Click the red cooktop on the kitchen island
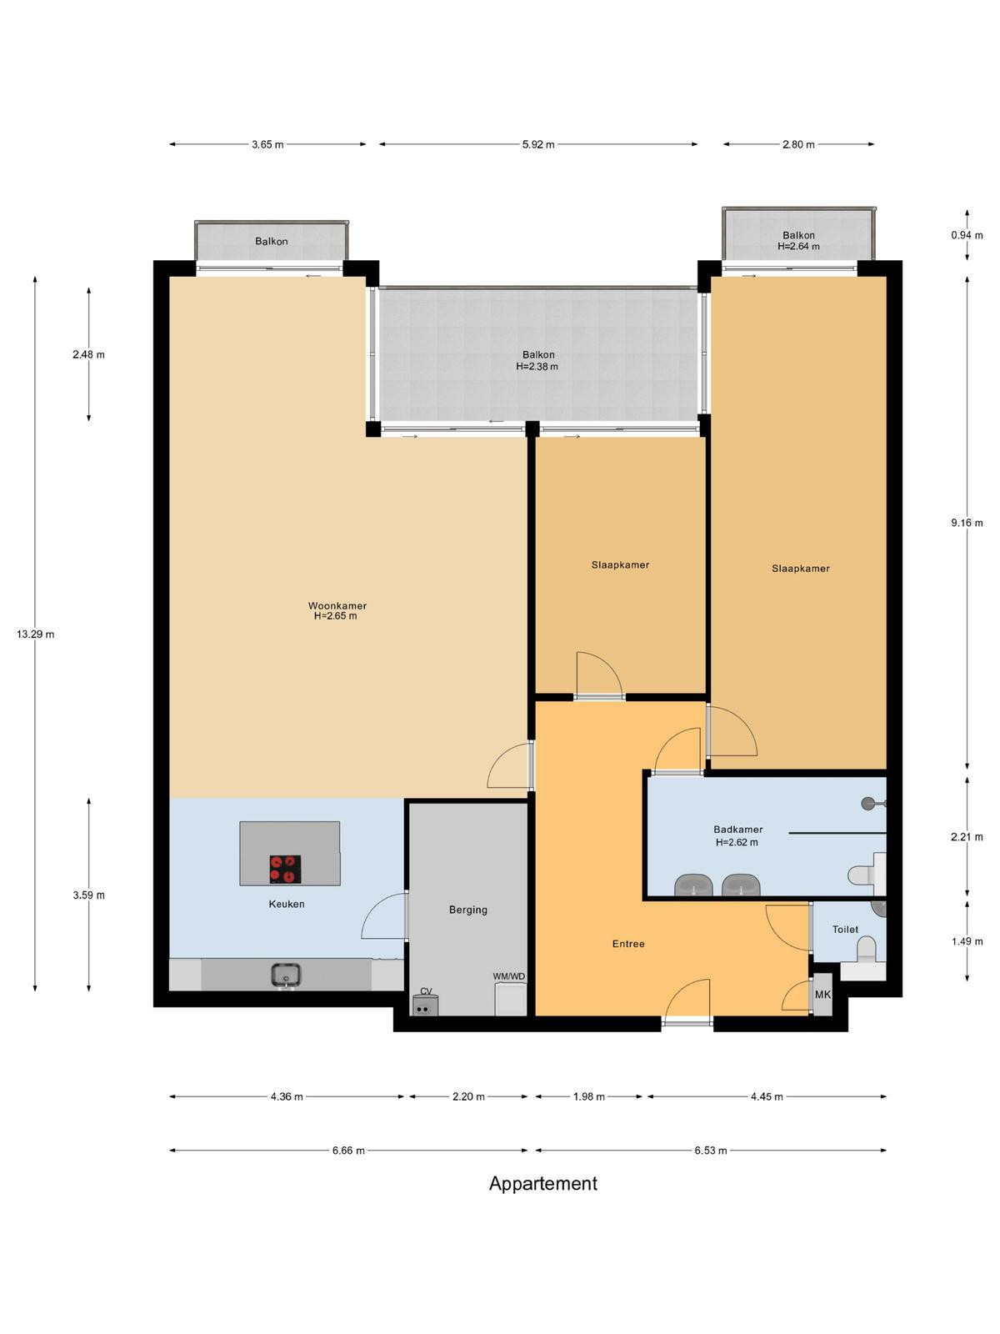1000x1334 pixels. (285, 869)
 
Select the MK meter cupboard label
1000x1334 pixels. (822, 995)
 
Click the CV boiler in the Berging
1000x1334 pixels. (425, 1005)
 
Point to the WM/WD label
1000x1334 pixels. (509, 976)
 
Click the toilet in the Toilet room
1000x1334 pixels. (866, 950)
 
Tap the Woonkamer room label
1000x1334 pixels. (337, 606)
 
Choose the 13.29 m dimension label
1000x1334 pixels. (35, 634)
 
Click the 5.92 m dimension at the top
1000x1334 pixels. (538, 144)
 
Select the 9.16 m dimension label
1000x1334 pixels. (967, 523)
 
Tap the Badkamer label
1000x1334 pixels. (737, 830)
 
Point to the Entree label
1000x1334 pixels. (628, 944)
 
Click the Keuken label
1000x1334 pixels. (287, 905)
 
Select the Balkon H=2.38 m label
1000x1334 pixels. (538, 360)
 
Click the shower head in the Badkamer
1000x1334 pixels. (869, 804)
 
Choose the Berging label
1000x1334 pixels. (468, 910)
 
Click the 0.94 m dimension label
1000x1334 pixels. (967, 235)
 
